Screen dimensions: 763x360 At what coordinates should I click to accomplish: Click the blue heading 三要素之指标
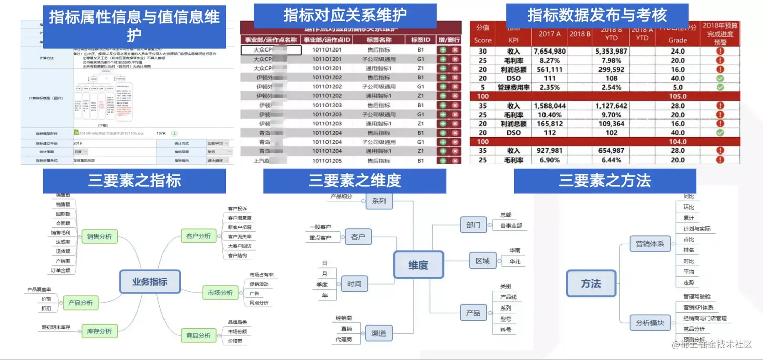pyautogui.click(x=134, y=181)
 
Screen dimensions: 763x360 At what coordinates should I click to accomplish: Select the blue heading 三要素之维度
pyautogui.click(x=354, y=181)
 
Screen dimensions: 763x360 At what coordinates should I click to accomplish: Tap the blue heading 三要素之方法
pyautogui.click(x=605, y=181)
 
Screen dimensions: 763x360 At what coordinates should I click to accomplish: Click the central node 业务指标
pyautogui.click(x=149, y=282)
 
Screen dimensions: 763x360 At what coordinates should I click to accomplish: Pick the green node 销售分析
pyautogui.click(x=99, y=236)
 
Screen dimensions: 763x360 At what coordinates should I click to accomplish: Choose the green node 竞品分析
pyautogui.click(x=198, y=336)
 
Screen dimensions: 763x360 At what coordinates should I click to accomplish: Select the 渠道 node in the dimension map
pyautogui.click(x=378, y=333)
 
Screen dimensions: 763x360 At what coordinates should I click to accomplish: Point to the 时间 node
pyautogui.click(x=354, y=284)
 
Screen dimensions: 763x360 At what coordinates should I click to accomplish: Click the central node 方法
pyautogui.click(x=591, y=283)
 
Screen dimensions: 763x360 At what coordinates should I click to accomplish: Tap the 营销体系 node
pyautogui.click(x=649, y=244)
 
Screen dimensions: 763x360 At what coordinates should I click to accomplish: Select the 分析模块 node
pyautogui.click(x=649, y=322)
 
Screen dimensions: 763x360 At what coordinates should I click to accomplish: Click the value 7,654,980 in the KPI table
pyautogui.click(x=549, y=51)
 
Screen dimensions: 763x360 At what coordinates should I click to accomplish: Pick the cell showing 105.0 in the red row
pyautogui.click(x=678, y=96)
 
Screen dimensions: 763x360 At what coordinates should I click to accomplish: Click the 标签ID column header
pyautogui.click(x=421, y=40)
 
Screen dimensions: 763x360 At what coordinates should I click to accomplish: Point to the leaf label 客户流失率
pyautogui.click(x=240, y=237)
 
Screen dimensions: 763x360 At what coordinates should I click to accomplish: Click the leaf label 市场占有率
pyautogui.click(x=261, y=275)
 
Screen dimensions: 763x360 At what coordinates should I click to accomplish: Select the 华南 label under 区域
pyautogui.click(x=515, y=250)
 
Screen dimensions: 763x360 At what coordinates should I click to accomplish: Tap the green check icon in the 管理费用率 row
pyautogui.click(x=720, y=87)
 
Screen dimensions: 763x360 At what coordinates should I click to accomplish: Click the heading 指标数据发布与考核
pyautogui.click(x=597, y=16)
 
